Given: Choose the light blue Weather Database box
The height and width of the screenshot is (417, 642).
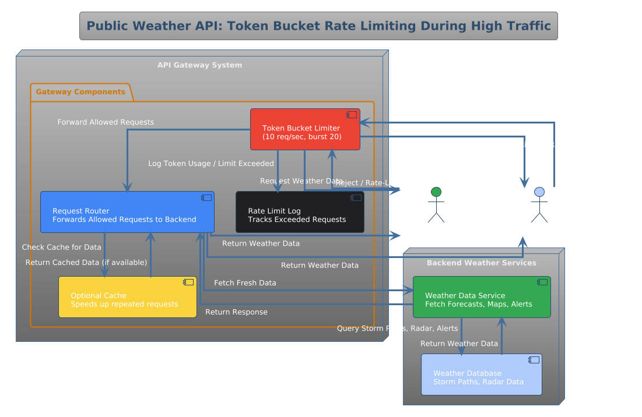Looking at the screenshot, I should coord(481,374).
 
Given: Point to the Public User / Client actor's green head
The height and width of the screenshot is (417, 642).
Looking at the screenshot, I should coord(436,192).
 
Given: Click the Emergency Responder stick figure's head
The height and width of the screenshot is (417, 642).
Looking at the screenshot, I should coord(539,192).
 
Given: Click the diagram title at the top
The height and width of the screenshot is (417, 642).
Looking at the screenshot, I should coord(318,26).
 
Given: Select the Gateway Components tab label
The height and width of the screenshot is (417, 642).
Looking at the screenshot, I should coord(80,92).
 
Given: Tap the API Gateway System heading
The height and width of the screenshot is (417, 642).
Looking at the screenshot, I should coord(199,65).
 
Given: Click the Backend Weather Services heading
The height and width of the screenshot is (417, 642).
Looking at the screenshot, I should coord(481,263).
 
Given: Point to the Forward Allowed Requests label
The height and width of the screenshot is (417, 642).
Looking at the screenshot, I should coord(106,122).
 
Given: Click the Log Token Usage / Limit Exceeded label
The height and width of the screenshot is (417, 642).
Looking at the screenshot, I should coord(211,164).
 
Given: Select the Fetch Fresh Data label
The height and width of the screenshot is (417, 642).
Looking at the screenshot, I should coord(245,283).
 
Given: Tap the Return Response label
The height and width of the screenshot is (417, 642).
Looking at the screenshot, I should coord(236,312).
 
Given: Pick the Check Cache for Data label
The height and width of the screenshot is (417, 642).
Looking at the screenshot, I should coord(61,248).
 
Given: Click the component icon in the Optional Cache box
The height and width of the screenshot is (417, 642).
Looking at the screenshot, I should coord(188,282).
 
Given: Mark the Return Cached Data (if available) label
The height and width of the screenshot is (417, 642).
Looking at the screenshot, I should coord(86,263).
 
